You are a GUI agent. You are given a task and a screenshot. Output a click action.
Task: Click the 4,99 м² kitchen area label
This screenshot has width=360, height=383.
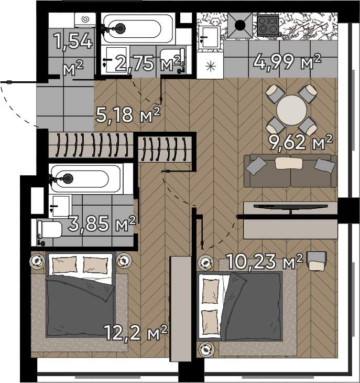(287, 62)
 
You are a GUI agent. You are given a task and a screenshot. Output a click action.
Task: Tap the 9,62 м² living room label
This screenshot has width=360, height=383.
(300, 142)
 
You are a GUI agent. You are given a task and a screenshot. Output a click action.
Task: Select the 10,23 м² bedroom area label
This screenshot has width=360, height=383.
(265, 261)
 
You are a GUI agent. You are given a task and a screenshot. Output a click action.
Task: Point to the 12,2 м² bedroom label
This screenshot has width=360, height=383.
(136, 333)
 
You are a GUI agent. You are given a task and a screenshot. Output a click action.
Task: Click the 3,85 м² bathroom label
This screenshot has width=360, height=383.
(102, 224)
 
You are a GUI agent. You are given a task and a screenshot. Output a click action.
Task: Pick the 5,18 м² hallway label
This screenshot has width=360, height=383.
(128, 115)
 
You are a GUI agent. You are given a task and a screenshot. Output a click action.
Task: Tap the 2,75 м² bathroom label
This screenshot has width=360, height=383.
(148, 63)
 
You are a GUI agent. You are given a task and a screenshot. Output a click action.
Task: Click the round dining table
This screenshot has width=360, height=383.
(291, 110)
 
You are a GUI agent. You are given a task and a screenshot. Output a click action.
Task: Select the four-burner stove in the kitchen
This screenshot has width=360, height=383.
(268, 25)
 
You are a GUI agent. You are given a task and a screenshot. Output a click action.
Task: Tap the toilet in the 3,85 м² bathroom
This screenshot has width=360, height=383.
(49, 230)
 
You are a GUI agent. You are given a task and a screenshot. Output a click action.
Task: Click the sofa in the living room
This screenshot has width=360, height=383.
(290, 171)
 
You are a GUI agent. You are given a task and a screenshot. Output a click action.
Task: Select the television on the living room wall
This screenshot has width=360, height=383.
(290, 207)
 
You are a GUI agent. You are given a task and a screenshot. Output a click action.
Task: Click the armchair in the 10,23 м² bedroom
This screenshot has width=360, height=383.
(317, 261)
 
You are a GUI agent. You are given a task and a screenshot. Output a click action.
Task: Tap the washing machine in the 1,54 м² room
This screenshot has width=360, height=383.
(85, 20)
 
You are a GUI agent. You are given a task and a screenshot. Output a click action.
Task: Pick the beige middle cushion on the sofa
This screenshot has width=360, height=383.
(289, 163)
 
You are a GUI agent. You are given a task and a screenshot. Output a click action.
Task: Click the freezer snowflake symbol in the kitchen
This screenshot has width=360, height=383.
(210, 67)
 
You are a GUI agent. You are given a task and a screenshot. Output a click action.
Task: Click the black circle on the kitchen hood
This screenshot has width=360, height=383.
(240, 25)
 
